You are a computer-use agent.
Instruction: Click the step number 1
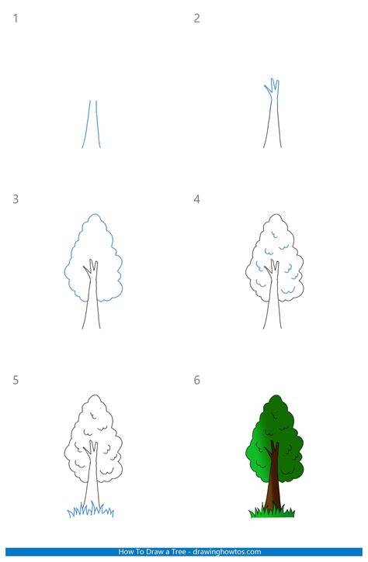tap(16, 19)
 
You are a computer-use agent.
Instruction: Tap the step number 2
tap(196, 19)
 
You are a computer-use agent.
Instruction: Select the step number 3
tap(16, 199)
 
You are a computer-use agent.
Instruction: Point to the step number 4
tap(196, 199)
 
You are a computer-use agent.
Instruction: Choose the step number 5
tap(16, 380)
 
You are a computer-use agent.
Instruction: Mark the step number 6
tap(196, 380)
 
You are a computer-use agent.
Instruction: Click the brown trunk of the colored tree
tap(274, 481)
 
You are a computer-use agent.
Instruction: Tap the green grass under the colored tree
tap(272, 512)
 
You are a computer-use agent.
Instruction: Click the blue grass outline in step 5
tap(91, 510)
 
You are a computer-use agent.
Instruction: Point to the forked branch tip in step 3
tap(91, 260)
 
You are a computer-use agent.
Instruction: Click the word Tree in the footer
tap(178, 552)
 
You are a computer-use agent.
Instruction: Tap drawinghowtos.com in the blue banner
tap(227, 552)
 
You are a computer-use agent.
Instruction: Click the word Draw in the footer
tap(153, 552)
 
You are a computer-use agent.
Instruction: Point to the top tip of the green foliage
tap(276, 395)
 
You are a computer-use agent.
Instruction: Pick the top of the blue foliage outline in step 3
tap(95, 214)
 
